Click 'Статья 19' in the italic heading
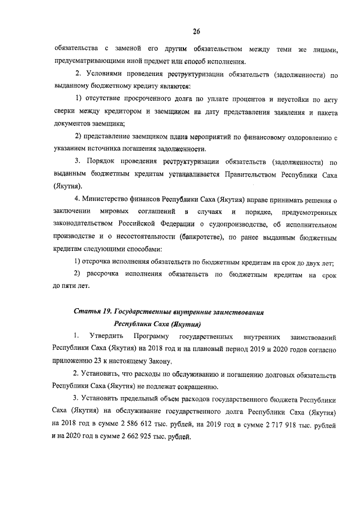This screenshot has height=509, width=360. pos(92,311)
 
